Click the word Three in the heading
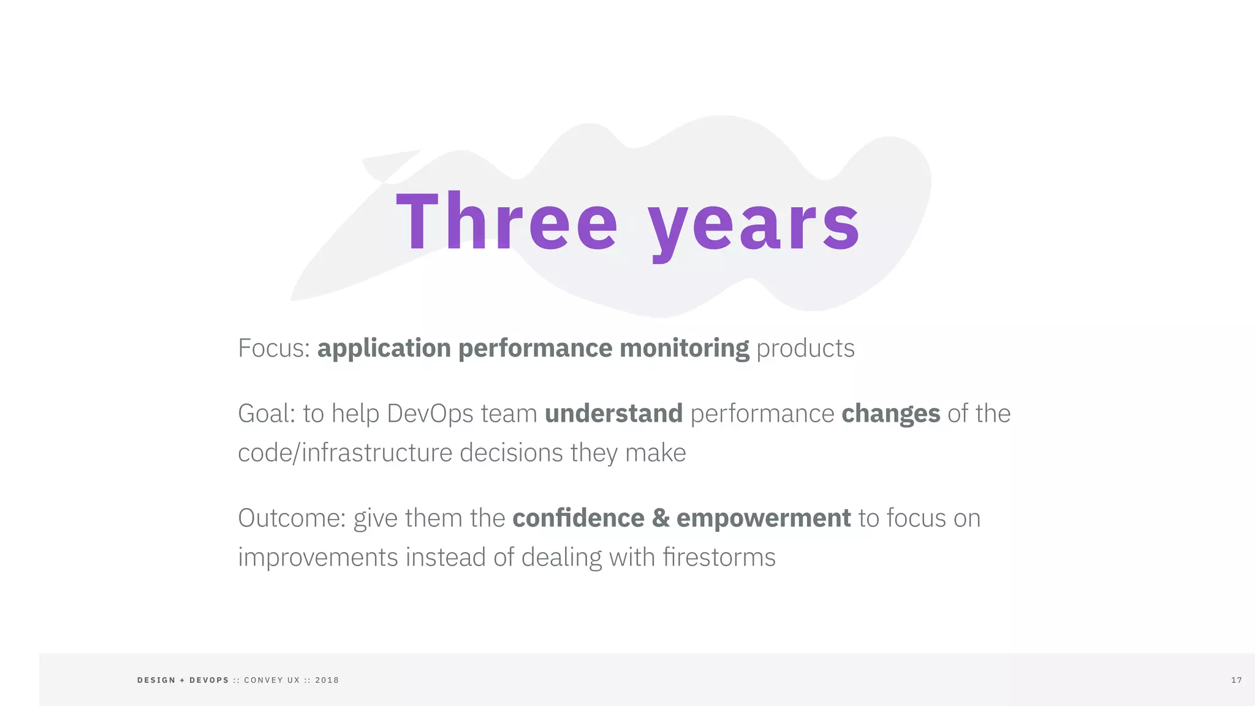tap(506, 222)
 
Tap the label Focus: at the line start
tap(274, 348)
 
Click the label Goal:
tap(267, 414)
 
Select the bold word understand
tap(613, 414)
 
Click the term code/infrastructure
tap(345, 454)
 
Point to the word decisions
tap(511, 454)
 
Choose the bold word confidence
tap(578, 518)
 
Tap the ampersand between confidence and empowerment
tap(661, 518)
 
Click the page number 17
tap(1236, 680)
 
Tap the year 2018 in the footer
tap(327, 680)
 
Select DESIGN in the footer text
tap(156, 680)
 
